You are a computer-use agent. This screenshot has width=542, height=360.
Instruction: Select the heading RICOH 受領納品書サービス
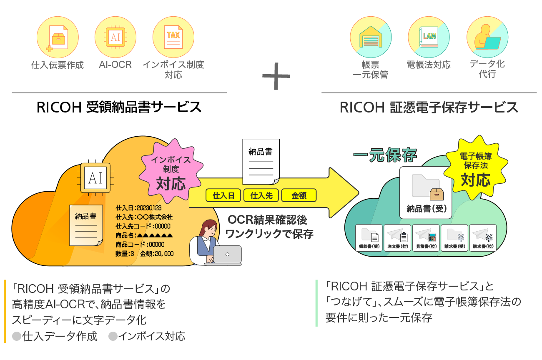(119, 107)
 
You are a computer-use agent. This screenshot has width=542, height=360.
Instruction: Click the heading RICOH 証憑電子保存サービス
(429, 107)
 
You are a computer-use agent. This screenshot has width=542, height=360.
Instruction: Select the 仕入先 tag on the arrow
(261, 195)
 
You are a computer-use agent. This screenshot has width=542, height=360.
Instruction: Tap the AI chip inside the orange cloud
(95, 178)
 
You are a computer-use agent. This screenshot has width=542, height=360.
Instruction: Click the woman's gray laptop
(227, 255)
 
